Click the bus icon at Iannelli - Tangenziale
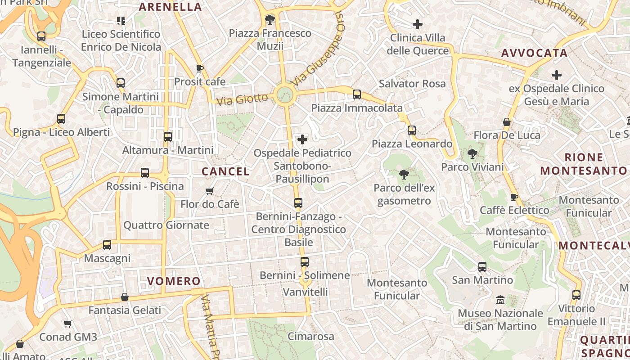click(41, 36)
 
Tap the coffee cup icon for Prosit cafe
click(200, 69)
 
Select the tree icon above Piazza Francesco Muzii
click(270, 19)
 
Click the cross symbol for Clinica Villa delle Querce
click(418, 24)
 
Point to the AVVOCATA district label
click(534, 53)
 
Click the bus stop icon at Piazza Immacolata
click(357, 94)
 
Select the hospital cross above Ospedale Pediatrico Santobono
click(302, 139)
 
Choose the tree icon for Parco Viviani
click(472, 154)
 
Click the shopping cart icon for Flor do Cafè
click(209, 191)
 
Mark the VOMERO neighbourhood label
click(174, 282)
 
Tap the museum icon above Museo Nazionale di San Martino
click(500, 300)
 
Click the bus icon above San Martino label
click(482, 267)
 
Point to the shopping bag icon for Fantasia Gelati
click(125, 297)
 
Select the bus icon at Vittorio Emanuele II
click(576, 295)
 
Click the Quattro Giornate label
click(166, 225)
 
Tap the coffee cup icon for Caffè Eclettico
click(514, 197)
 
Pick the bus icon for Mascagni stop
click(107, 245)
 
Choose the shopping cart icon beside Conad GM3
click(68, 324)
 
